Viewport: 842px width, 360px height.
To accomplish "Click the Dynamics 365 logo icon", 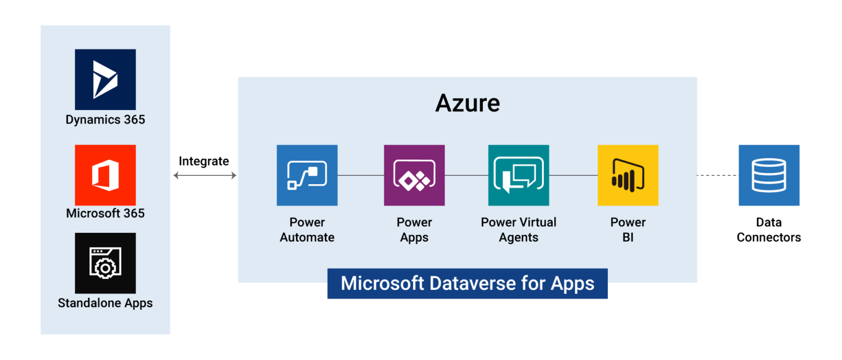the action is click(105, 79).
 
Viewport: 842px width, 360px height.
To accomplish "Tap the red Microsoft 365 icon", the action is click(105, 175).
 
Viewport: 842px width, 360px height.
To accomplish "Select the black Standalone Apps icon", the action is click(105, 263).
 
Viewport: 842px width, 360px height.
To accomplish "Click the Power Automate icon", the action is click(307, 175).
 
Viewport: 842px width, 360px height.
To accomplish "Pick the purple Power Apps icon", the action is click(414, 175).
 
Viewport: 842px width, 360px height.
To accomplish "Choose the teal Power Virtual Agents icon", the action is click(519, 175).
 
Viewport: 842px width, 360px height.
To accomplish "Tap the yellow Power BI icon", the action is click(628, 175).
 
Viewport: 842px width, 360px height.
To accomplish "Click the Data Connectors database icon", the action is click(769, 175).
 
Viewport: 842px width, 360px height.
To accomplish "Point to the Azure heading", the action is click(468, 103).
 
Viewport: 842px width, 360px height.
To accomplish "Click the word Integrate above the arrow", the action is click(204, 161).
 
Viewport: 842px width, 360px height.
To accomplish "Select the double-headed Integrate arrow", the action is click(205, 175).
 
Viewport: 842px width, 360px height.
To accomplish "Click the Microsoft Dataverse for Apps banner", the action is click(468, 283).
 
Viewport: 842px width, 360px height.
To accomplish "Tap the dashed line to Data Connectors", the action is click(718, 175).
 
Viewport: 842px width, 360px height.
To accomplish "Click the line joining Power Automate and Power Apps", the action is click(361, 175).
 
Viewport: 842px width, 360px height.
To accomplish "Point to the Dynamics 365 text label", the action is click(105, 120).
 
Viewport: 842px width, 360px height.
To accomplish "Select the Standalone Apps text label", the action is click(105, 303).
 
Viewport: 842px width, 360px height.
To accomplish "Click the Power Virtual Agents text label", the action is click(519, 230).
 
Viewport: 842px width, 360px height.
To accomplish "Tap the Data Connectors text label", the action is click(769, 230).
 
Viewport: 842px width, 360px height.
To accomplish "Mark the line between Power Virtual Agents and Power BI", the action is click(573, 175).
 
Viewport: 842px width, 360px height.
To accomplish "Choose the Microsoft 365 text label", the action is click(105, 214).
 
